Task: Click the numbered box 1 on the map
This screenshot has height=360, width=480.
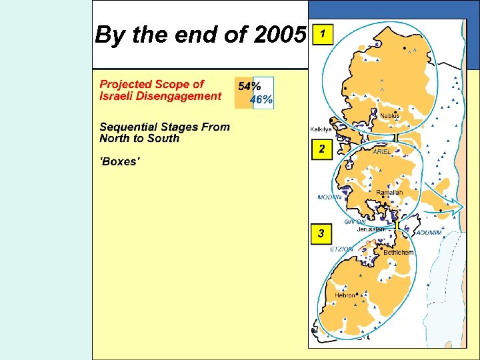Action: point(323,33)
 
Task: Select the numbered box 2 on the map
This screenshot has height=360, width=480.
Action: point(322,149)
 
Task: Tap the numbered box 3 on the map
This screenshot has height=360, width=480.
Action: point(322,234)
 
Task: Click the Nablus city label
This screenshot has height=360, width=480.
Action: point(390,116)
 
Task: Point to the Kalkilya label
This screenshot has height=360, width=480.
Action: point(321,129)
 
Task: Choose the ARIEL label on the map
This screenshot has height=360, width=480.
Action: point(382,152)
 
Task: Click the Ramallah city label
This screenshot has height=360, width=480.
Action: point(389,193)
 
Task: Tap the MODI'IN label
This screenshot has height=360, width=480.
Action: point(329,197)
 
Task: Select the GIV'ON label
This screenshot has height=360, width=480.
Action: point(355,222)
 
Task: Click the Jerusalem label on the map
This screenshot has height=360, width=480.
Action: point(371,229)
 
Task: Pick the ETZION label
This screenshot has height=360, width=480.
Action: point(342,249)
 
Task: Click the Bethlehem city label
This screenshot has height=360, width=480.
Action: point(398,253)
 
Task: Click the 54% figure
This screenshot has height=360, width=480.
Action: point(249,87)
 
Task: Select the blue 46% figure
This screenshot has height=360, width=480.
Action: point(261,100)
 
